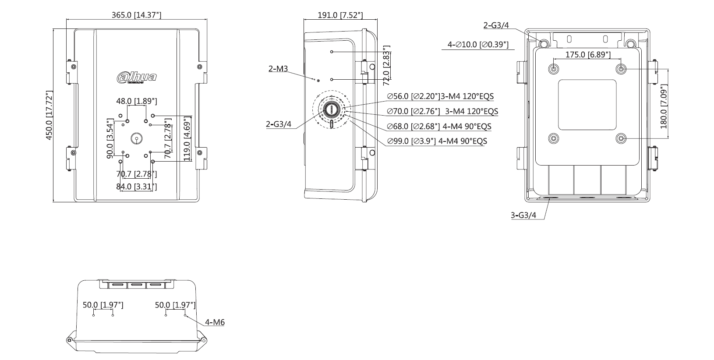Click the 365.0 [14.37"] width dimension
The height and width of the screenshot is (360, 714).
click(x=136, y=15)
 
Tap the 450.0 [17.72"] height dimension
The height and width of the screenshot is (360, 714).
click(x=49, y=116)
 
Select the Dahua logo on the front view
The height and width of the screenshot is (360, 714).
click(x=137, y=78)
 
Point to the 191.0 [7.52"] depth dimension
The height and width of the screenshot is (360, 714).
click(x=340, y=15)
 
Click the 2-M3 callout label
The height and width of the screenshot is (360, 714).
click(x=278, y=68)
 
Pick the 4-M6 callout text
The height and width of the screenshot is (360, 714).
click(x=215, y=322)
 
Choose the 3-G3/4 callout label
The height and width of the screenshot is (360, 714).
click(x=523, y=215)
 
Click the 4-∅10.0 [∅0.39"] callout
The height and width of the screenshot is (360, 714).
click(x=478, y=44)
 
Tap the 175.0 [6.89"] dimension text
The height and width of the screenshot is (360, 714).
click(x=582, y=54)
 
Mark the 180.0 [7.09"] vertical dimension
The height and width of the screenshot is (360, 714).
click(x=663, y=106)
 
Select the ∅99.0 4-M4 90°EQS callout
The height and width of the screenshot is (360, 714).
click(x=437, y=141)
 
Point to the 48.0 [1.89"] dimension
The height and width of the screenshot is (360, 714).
click(x=136, y=101)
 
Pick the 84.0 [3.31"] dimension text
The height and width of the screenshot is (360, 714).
click(x=136, y=187)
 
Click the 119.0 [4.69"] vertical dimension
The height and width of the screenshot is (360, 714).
click(x=187, y=138)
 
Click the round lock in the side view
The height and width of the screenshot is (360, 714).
click(x=332, y=109)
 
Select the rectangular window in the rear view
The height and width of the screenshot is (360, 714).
click(x=587, y=104)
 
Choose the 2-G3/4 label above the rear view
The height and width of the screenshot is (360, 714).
click(x=496, y=25)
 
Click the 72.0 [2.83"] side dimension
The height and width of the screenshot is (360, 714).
click(x=386, y=66)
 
